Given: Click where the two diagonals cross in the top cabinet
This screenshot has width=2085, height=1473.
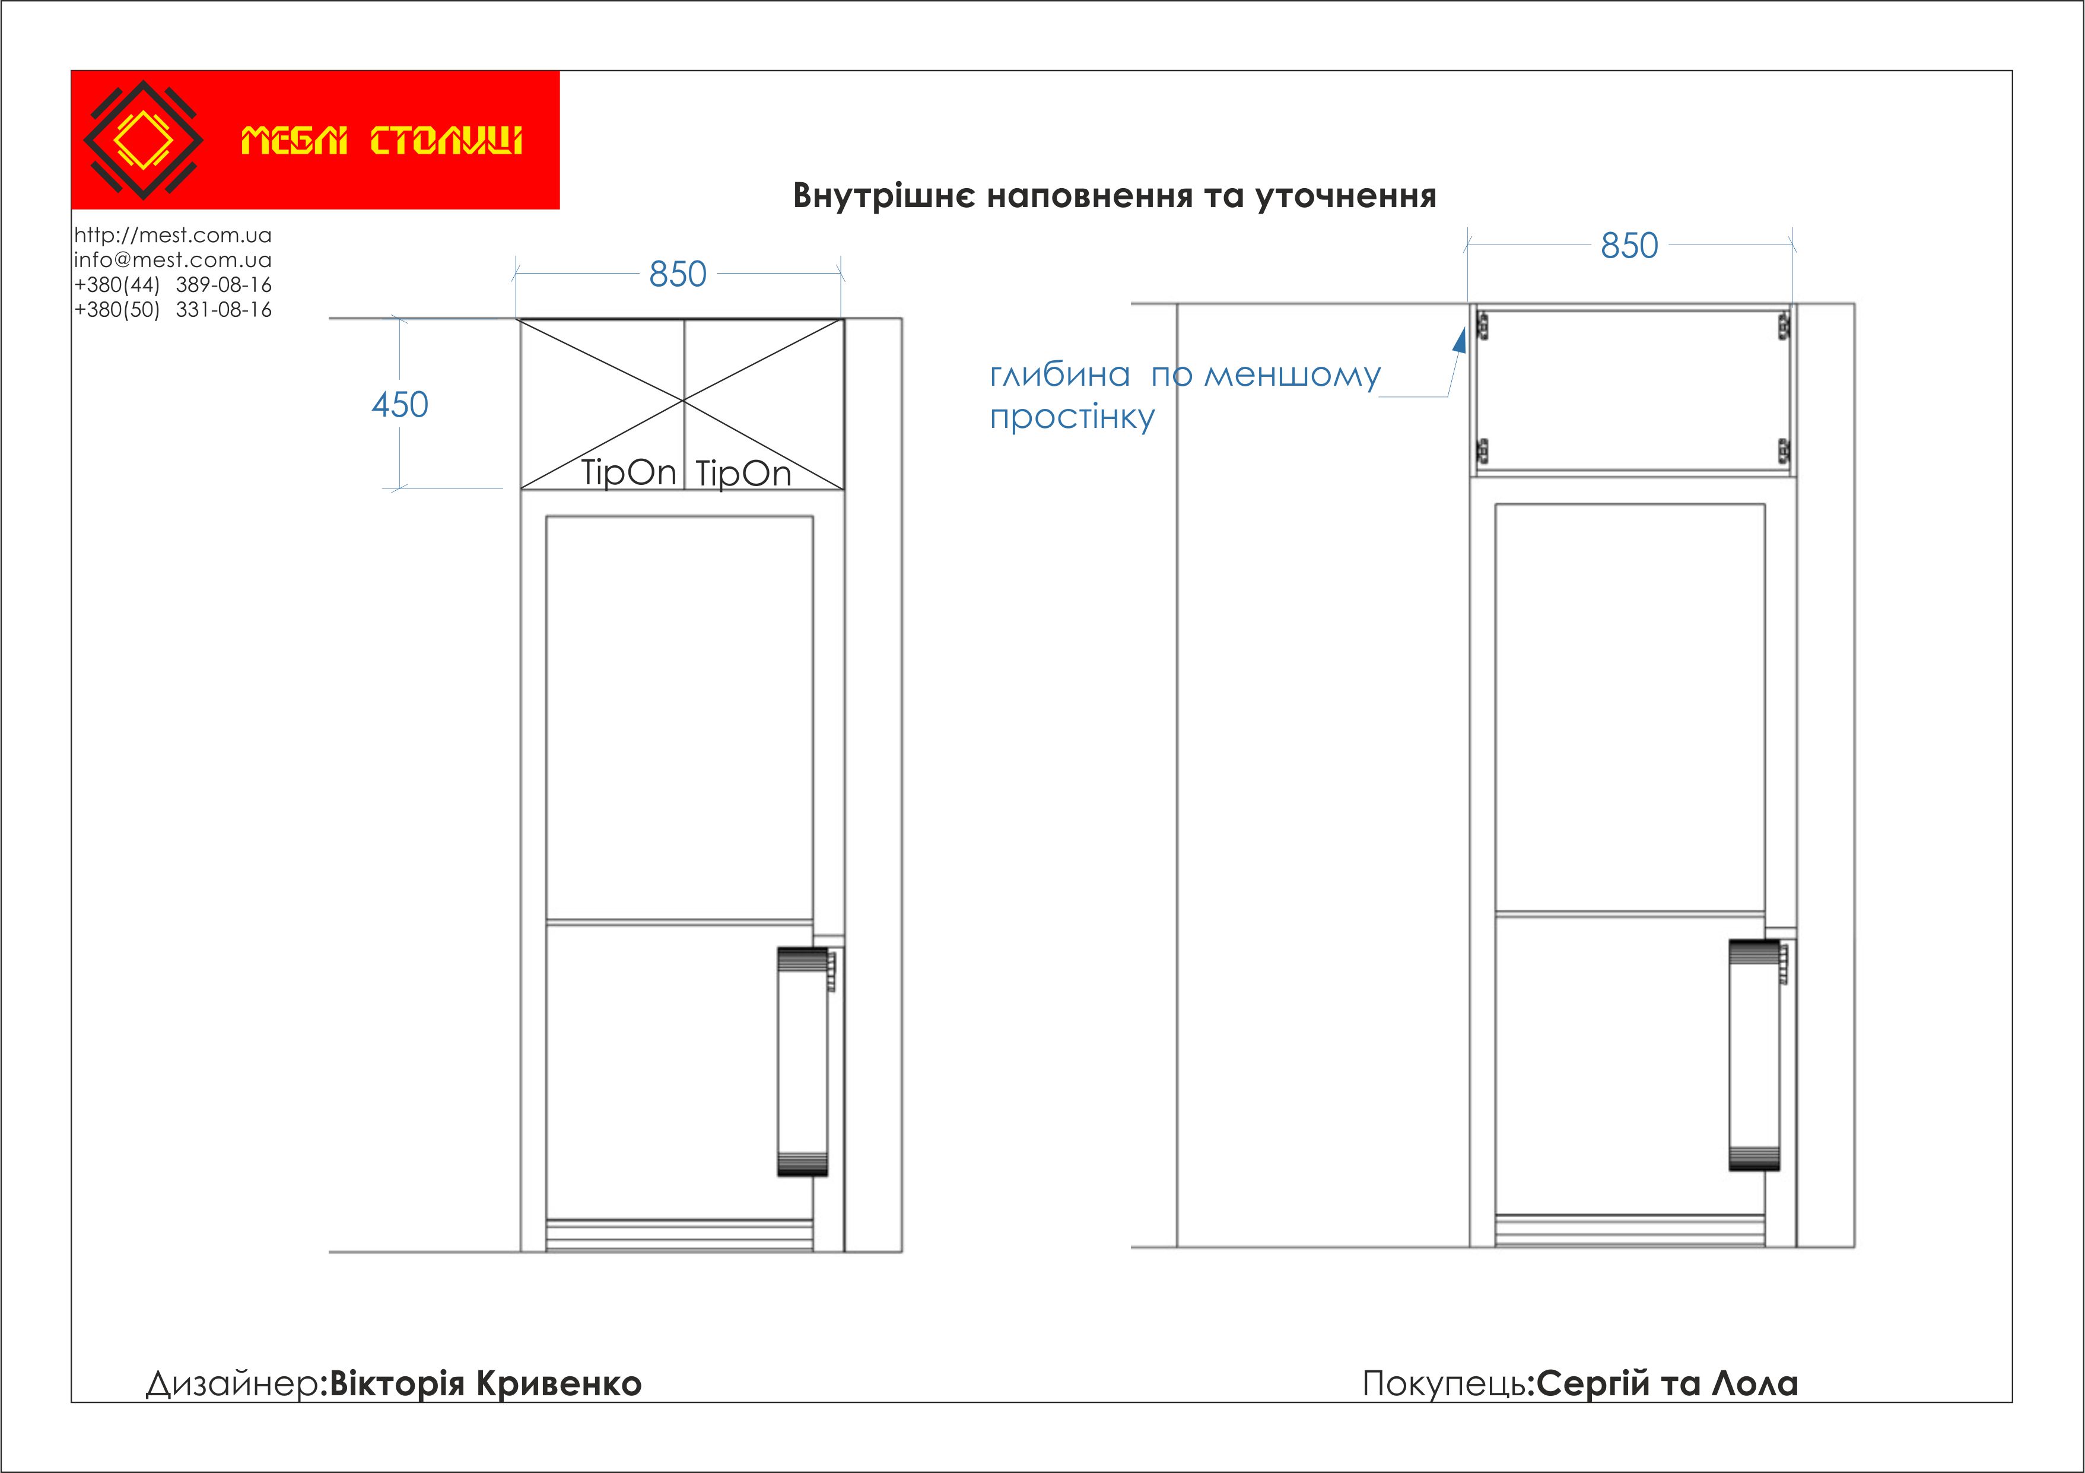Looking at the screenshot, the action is pyautogui.click(x=684, y=399).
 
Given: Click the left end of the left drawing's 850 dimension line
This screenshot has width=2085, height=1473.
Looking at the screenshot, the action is pyautogui.click(x=515, y=272).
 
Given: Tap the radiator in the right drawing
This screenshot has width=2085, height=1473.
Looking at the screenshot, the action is pyautogui.click(x=1755, y=1055).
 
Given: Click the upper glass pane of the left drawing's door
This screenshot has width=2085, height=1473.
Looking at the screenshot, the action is pyautogui.click(x=679, y=718).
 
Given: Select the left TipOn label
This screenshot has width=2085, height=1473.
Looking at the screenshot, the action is pyautogui.click(x=628, y=472).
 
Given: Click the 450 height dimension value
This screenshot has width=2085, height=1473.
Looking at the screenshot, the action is pyautogui.click(x=399, y=404).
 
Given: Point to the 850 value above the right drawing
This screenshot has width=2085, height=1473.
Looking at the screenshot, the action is pyautogui.click(x=1629, y=245).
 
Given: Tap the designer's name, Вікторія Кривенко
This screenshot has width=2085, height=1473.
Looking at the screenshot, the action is pyautogui.click(x=485, y=1383).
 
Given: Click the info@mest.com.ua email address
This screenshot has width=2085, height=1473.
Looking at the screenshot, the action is pyautogui.click(x=173, y=260).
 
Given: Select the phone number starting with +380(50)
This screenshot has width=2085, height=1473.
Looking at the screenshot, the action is pyautogui.click(x=173, y=310).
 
